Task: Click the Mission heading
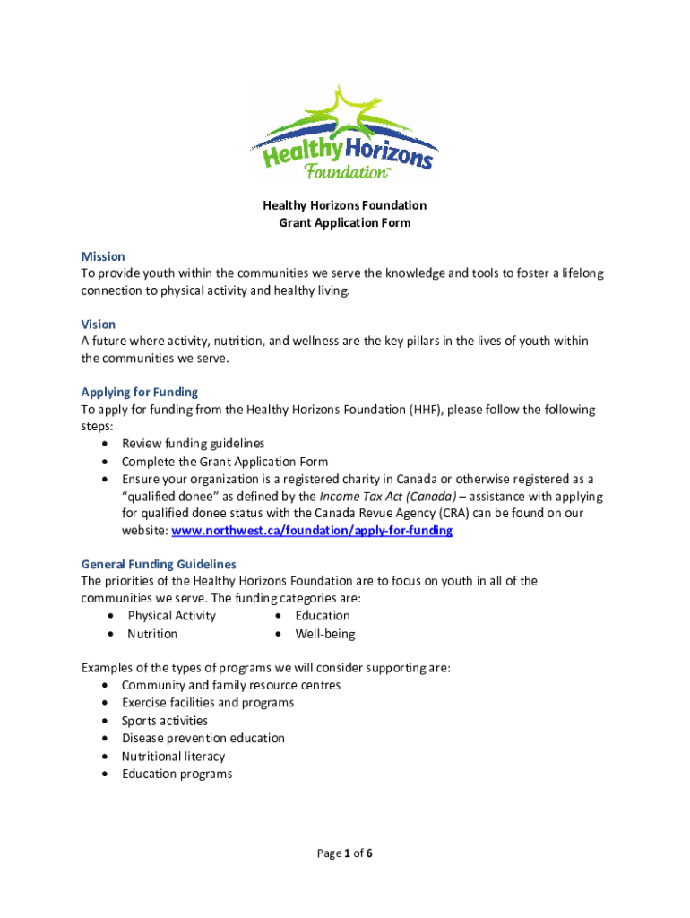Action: (103, 256)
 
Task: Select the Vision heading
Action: (99, 324)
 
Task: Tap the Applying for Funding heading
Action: (140, 392)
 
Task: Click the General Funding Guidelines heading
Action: (159, 564)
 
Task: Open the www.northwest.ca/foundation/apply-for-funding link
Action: (312, 531)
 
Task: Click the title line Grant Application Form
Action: (345, 222)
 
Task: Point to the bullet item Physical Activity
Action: (171, 616)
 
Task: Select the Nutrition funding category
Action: (152, 634)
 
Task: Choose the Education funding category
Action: (323, 616)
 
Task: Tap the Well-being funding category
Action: (325, 634)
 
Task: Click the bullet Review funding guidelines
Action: (193, 444)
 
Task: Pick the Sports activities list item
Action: (165, 721)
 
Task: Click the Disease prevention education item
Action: (203, 739)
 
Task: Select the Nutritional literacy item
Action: (174, 757)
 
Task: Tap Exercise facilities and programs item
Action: (208, 703)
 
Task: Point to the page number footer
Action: (345, 853)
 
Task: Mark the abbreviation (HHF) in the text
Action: (424, 410)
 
